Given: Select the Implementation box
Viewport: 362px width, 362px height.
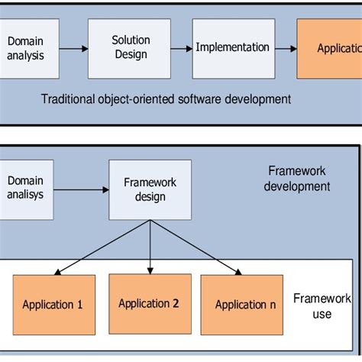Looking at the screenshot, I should (232, 47).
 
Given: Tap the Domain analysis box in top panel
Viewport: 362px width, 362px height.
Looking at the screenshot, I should (27, 47).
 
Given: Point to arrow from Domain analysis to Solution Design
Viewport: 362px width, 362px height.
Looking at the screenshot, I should (72, 48).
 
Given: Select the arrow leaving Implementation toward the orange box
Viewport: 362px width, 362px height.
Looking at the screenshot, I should (286, 48).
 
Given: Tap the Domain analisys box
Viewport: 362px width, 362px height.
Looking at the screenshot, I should (27, 189).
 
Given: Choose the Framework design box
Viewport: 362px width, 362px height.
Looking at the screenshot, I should (150, 189).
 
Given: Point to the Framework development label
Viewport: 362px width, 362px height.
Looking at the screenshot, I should (298, 179).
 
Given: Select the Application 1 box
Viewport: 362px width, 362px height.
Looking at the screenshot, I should (53, 305).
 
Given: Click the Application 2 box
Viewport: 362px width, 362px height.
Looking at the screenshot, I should (149, 304).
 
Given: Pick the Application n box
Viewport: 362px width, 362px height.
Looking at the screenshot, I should (245, 305).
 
